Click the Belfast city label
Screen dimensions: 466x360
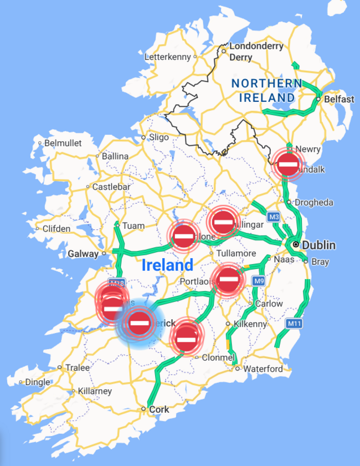(340, 99)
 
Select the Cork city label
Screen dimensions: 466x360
(160, 409)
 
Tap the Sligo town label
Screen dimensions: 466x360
(158, 137)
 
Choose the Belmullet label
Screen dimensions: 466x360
(63, 143)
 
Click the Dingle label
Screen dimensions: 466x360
(38, 382)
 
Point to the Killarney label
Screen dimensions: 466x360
(95, 391)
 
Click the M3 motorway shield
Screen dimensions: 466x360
(273, 217)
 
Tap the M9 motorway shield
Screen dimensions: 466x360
(259, 281)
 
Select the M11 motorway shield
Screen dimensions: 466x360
(294, 322)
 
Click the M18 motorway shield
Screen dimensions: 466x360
(115, 282)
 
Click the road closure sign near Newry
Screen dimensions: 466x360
(288, 163)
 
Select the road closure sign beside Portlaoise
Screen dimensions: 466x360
(228, 280)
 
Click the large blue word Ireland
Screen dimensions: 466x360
(167, 265)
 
